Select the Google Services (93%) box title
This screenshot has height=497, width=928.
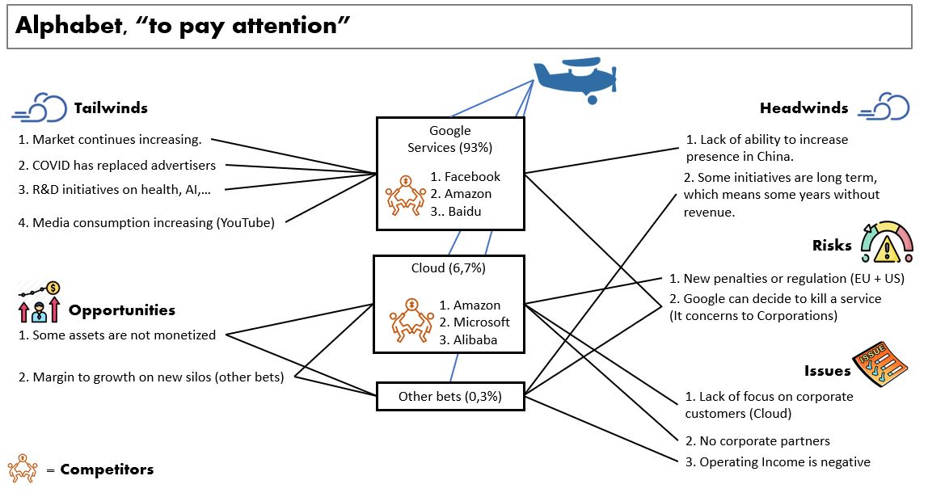(450, 139)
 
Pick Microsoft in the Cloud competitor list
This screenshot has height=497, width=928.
(481, 322)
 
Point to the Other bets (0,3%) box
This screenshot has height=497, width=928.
(450, 396)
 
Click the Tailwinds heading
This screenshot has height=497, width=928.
(111, 108)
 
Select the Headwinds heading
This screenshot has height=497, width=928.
(804, 108)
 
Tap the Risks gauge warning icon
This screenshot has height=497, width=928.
(887, 242)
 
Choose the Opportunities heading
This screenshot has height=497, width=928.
(121, 310)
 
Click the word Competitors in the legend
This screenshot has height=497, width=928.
(107, 470)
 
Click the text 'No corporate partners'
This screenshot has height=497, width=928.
(757, 441)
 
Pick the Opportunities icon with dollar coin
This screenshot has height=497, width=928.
(39, 301)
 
